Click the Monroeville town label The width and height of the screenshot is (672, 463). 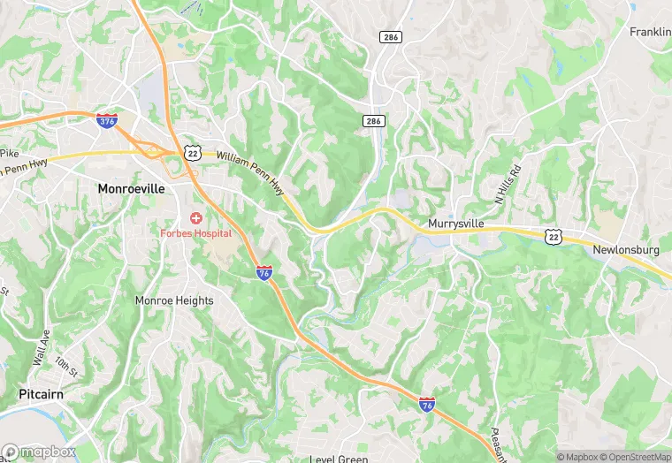click(131, 188)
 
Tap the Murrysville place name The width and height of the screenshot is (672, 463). click(455, 224)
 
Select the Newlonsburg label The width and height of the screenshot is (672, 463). click(627, 250)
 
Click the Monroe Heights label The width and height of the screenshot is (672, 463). click(174, 300)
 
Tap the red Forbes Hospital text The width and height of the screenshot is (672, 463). click(195, 233)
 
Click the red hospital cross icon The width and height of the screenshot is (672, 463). click(195, 217)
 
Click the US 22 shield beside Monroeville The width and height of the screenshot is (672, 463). click(192, 152)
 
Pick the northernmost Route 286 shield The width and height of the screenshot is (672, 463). click(390, 37)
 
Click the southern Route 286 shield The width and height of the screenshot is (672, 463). click(374, 120)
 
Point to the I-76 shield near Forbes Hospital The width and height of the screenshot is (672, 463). click(264, 272)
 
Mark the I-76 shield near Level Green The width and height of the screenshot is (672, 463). click(427, 403)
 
